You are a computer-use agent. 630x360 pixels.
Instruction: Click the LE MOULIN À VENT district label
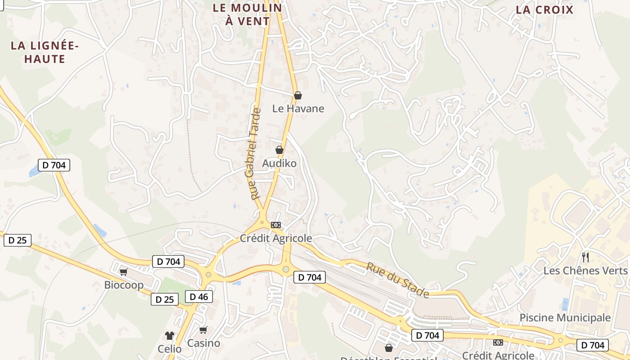click(x=247, y=14)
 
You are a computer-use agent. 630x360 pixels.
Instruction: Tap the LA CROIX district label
click(x=544, y=10)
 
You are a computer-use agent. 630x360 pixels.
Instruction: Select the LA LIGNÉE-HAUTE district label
click(x=45, y=52)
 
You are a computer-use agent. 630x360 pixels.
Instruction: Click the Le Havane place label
click(x=298, y=108)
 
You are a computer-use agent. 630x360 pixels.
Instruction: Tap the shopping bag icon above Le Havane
click(x=297, y=95)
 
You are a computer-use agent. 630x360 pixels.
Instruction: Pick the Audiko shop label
click(x=279, y=163)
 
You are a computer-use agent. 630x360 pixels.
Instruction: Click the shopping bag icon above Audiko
click(x=279, y=150)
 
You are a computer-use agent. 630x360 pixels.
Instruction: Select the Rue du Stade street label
click(x=397, y=279)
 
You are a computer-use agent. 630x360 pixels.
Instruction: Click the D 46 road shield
click(x=198, y=297)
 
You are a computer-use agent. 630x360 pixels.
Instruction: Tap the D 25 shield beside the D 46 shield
click(x=164, y=299)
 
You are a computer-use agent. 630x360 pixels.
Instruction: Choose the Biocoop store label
click(x=124, y=285)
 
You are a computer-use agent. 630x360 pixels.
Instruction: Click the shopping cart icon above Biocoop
click(x=124, y=272)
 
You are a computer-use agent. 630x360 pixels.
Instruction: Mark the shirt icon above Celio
click(x=169, y=335)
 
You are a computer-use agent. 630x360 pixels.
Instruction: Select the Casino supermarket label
click(x=203, y=343)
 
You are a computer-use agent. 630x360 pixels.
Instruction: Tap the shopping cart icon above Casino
click(x=203, y=330)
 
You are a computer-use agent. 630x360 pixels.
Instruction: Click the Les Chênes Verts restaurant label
click(x=585, y=270)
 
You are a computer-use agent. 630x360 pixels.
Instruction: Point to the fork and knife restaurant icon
click(x=585, y=257)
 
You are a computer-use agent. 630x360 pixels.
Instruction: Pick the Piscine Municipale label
click(x=565, y=318)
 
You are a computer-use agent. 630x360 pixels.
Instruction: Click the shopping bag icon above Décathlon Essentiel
click(x=389, y=348)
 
